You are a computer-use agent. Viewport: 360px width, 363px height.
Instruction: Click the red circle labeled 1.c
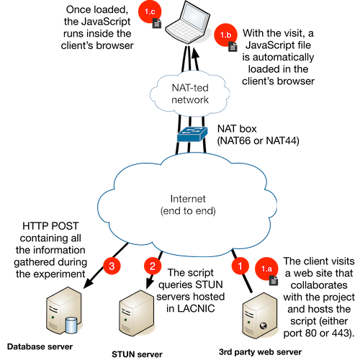(150, 12)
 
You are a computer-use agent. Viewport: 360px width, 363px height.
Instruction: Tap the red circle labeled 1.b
(225, 35)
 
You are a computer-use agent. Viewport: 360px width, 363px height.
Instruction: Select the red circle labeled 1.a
(266, 269)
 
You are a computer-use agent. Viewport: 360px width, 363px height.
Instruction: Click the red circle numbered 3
(112, 266)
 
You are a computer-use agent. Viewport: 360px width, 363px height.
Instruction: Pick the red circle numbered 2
(153, 266)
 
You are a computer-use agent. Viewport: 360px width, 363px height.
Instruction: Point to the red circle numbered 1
(240, 266)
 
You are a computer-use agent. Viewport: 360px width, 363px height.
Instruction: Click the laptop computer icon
(188, 22)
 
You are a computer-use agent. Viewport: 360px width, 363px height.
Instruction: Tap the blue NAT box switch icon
(192, 134)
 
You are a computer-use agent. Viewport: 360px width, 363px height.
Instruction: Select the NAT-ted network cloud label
(190, 94)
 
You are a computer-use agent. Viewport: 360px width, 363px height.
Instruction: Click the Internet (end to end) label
(188, 205)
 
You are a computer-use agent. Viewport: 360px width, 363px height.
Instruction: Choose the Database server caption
(40, 346)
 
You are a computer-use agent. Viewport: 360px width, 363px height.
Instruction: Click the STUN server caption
(137, 354)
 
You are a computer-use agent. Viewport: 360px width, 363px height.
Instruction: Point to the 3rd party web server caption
(261, 352)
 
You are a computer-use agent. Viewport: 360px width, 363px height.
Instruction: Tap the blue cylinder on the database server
(71, 325)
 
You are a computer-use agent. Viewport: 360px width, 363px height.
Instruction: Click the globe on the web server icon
(264, 326)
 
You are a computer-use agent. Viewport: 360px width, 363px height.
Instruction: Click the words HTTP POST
(50, 226)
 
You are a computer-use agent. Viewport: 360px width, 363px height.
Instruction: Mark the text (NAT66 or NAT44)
(258, 140)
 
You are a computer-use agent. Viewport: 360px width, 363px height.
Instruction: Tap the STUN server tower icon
(137, 313)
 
